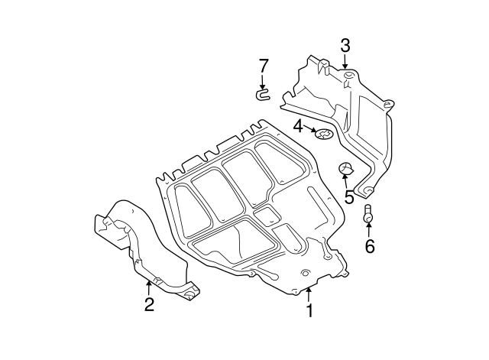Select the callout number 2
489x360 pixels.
149,304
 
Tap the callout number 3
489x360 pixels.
345,45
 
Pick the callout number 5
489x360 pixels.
348,196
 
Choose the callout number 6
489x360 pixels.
369,245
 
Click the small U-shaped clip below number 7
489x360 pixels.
262,95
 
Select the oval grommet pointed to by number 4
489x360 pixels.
325,136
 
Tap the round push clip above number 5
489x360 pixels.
345,170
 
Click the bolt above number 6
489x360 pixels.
368,215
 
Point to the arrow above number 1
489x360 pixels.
309,294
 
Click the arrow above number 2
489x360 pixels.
148,287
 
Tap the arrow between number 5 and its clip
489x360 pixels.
346,182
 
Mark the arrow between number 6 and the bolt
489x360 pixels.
369,229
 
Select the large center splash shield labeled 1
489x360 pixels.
244,206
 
